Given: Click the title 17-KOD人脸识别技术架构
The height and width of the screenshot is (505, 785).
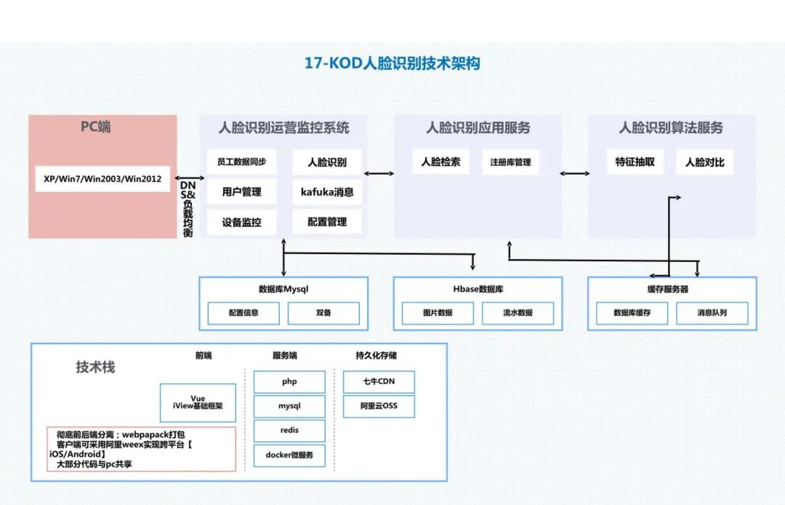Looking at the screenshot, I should tap(392, 63).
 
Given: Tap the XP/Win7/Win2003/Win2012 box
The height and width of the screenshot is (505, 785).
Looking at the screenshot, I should tap(102, 178).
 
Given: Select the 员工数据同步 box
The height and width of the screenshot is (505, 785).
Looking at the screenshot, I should tap(241, 162).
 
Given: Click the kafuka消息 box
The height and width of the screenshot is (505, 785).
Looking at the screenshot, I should tap(327, 192).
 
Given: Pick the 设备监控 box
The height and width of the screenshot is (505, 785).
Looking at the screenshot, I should tap(241, 222).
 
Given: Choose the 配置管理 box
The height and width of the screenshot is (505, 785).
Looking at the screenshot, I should tap(327, 222).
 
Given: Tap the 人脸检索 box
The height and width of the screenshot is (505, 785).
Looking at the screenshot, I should tap(440, 162).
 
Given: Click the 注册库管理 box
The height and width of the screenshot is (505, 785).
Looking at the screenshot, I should tap(510, 162).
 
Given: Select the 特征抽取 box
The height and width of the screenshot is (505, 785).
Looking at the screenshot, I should tap(635, 162).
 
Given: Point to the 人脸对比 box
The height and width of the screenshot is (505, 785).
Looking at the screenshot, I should tap(704, 162).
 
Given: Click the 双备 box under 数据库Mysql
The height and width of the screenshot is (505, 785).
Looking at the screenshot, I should tap(323, 313).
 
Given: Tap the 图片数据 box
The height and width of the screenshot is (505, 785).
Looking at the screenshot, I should tap(438, 313).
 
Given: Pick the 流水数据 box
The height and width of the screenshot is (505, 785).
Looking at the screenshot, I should tap(518, 313).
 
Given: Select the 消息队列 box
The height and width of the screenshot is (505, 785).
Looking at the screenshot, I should tap(712, 313).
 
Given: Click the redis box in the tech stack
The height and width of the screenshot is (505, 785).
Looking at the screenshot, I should tap(289, 430).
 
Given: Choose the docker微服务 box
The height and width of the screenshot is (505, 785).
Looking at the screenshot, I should tap(289, 455).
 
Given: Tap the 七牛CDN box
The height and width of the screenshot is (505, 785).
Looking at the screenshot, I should tap(379, 381).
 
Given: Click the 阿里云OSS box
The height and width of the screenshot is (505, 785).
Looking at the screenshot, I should tap(379, 406).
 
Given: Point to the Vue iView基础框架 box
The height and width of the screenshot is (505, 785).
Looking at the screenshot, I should tap(198, 402).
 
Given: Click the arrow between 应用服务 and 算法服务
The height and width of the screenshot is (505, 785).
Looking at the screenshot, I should tap(575, 173).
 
